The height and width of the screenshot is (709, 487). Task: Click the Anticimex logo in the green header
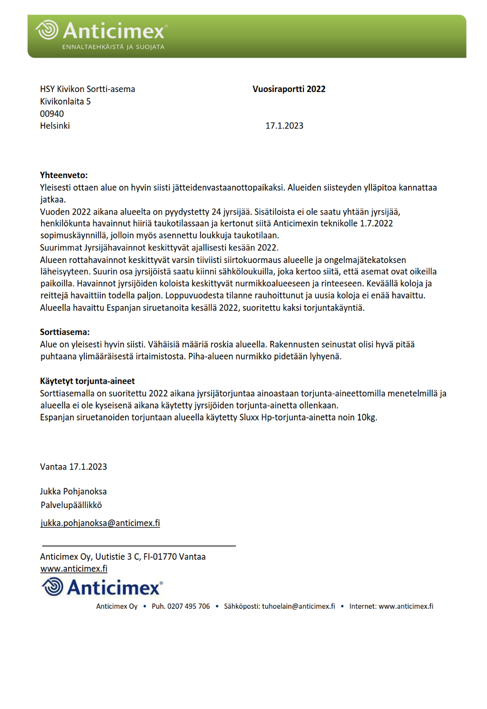pos(101,30)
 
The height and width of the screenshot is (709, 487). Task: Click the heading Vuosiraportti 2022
pos(289,89)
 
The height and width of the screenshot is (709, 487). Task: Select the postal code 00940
pos(52,114)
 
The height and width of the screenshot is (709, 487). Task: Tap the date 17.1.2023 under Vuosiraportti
pos(284,126)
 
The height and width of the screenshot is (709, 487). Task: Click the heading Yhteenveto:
pos(64,175)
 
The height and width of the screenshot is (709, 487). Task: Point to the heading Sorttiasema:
pos(65,332)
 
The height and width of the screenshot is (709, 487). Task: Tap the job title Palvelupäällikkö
pos(71,505)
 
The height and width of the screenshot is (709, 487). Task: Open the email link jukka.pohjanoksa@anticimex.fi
pos(100,523)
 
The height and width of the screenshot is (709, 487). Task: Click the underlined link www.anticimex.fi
pos(74,569)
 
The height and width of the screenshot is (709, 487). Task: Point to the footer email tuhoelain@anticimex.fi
pos(298,607)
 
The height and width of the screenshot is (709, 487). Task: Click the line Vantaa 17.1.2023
pos(74,467)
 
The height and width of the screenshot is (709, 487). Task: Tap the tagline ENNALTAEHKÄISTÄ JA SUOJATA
pos(113,47)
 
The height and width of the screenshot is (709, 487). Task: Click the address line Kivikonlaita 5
pos(65,101)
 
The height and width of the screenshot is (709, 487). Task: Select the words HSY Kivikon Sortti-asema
pos(87,89)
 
